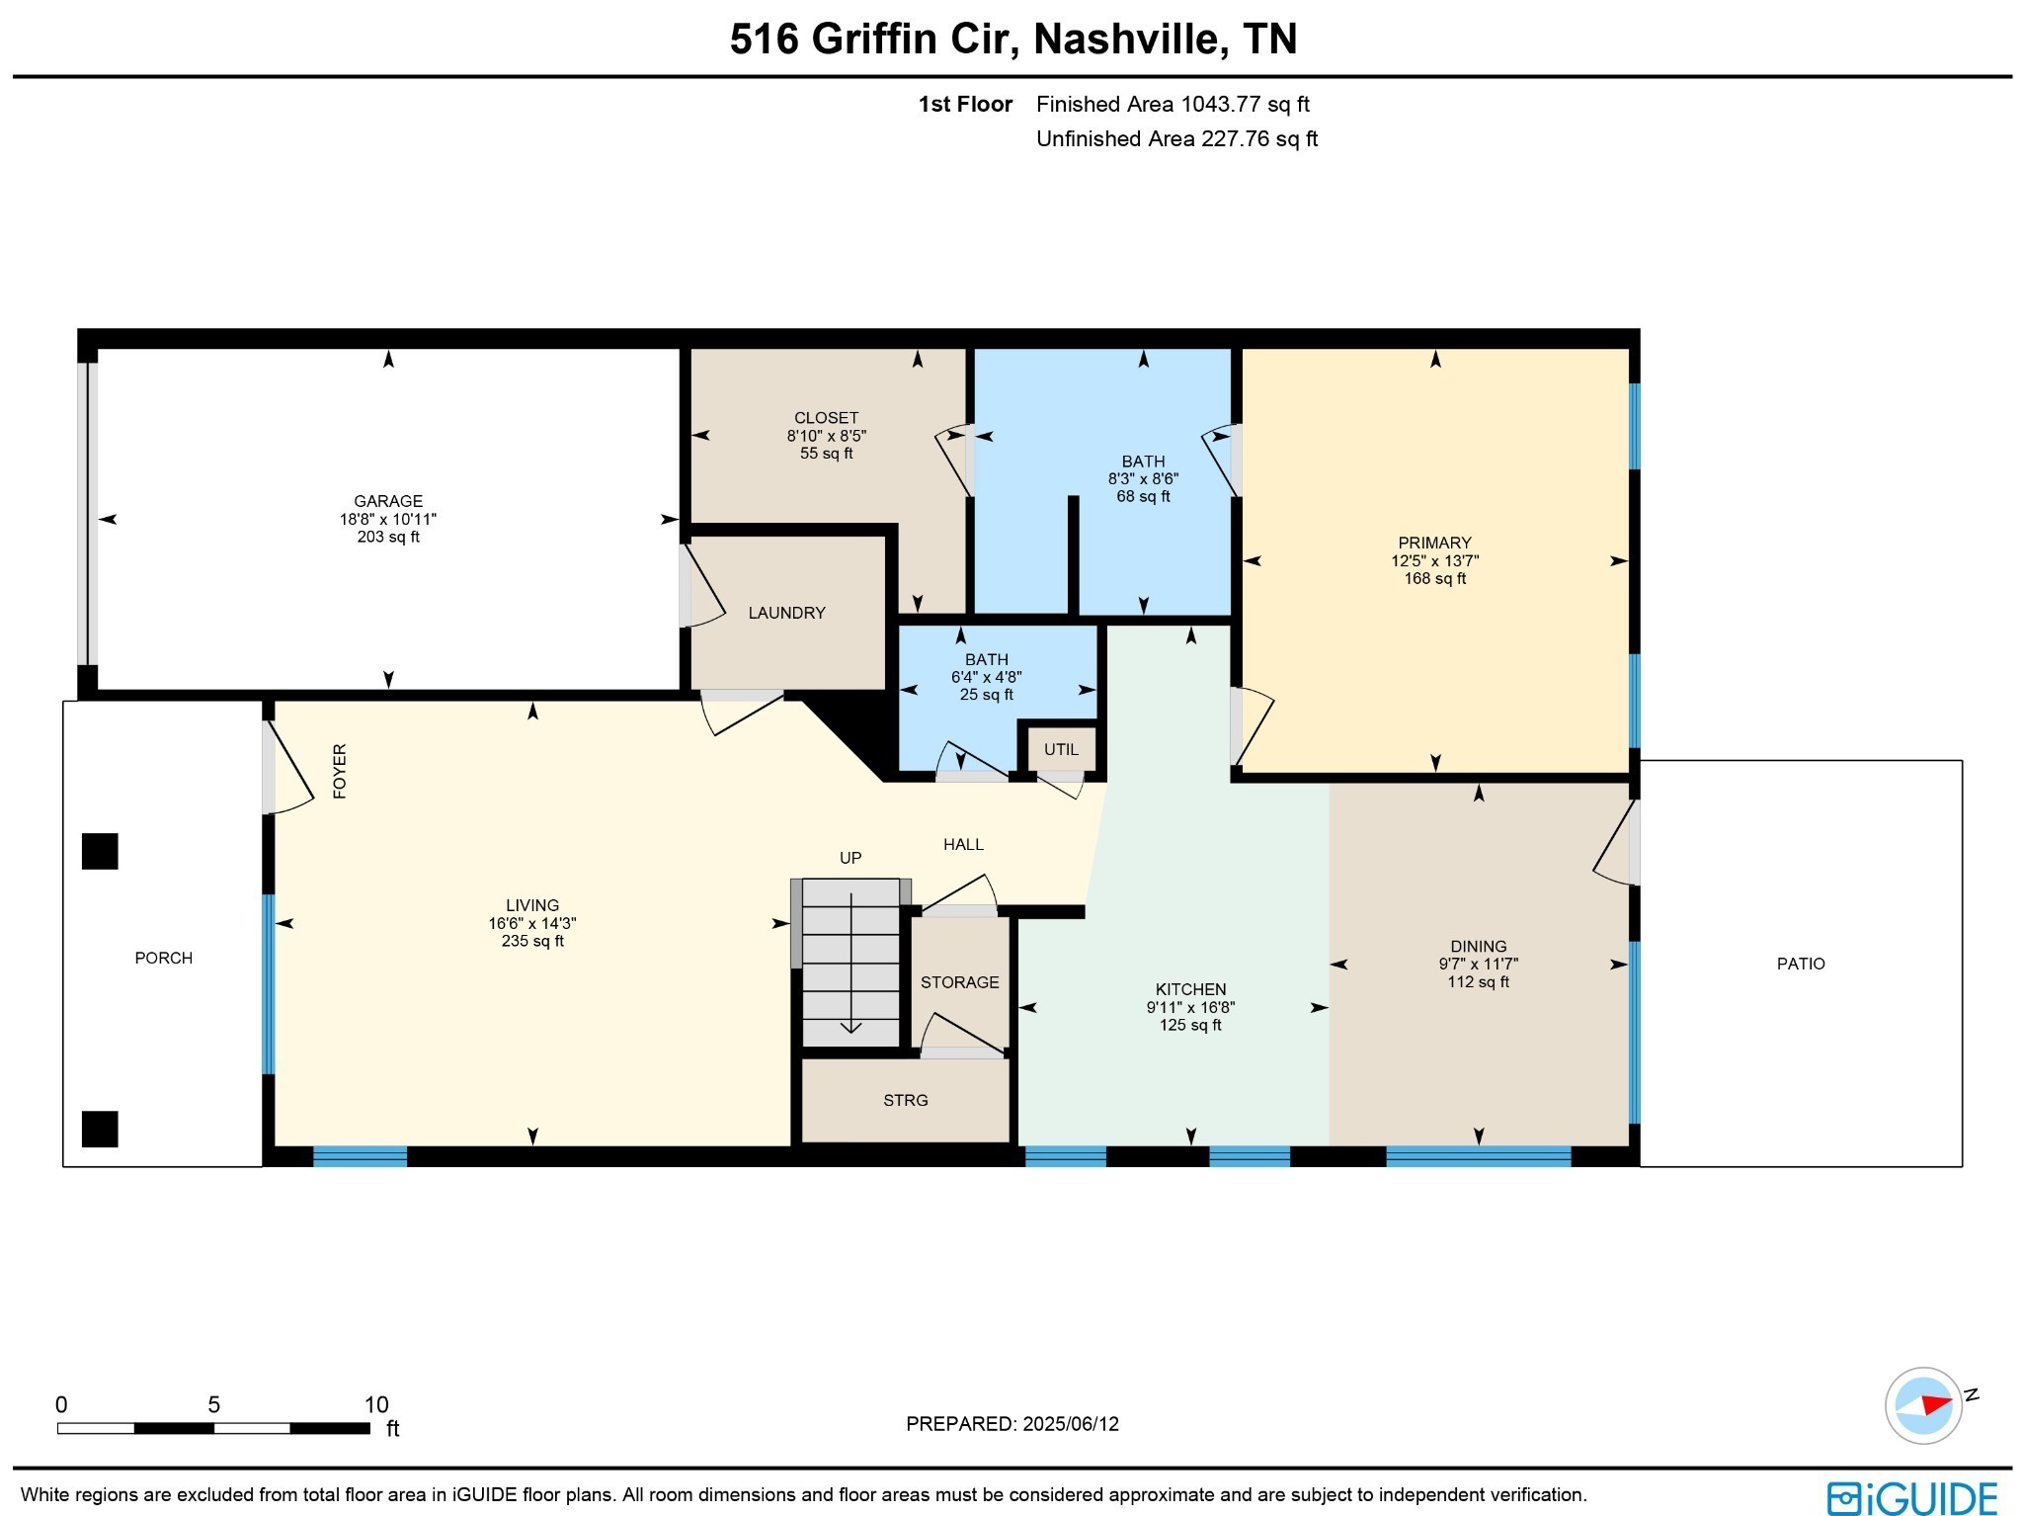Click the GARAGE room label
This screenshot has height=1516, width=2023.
[388, 501]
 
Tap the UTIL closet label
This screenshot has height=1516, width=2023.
[1061, 749]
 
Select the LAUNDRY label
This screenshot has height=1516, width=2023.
[786, 613]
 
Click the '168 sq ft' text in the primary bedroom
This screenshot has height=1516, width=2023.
[1434, 578]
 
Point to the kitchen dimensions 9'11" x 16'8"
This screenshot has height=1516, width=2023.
[1190, 1007]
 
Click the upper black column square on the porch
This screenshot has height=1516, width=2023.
[100, 851]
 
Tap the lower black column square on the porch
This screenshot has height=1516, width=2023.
[100, 1129]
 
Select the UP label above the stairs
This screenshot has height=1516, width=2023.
[850, 858]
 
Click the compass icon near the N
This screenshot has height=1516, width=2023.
[1922, 1405]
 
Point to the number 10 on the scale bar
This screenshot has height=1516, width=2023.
[375, 1404]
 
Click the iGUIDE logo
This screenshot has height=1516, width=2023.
[1912, 1497]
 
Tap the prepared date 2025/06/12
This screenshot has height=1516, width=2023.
[1070, 1424]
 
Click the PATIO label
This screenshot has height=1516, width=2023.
[1800, 964]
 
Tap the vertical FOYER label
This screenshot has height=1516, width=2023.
[340, 771]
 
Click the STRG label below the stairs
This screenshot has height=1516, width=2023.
[905, 1100]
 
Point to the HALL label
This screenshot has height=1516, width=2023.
[963, 844]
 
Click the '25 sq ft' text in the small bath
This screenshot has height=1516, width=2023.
[986, 695]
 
